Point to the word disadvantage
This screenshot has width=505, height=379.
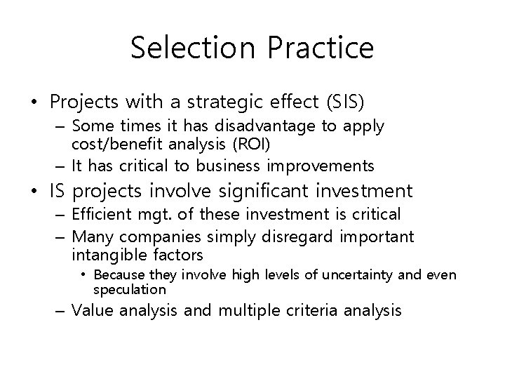[257, 127]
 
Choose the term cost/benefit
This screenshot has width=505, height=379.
[116, 144]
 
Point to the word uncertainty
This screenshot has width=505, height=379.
[366, 274]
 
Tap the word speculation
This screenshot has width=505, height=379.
[129, 289]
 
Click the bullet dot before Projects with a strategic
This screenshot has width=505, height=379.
[34, 102]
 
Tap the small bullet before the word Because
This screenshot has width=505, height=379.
[84, 274]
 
